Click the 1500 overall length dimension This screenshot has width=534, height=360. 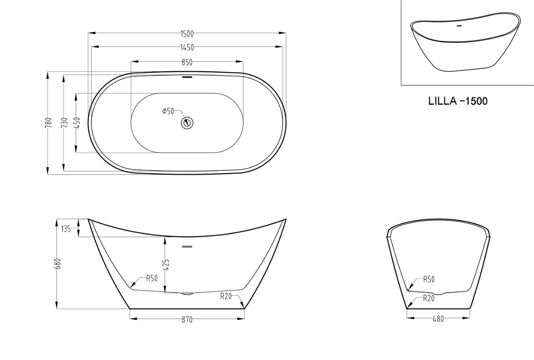pyautogui.click(x=187, y=33)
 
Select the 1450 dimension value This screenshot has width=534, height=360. pyautogui.click(x=187, y=47)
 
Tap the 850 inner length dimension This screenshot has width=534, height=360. pyautogui.click(x=187, y=62)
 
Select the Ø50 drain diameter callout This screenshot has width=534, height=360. pyautogui.click(x=168, y=111)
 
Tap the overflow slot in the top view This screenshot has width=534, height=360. pyautogui.click(x=187, y=77)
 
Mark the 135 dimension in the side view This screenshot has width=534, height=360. pyautogui.click(x=66, y=228)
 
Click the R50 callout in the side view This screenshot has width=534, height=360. pyautogui.click(x=152, y=278)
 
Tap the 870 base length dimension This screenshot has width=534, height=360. pyautogui.click(x=187, y=319)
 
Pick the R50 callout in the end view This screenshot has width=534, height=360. pyautogui.click(x=428, y=279)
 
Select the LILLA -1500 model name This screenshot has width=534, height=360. pyautogui.click(x=458, y=102)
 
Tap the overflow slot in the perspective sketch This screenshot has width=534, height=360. pyautogui.click(x=460, y=26)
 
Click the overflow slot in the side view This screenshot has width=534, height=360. pyautogui.click(x=187, y=247)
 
